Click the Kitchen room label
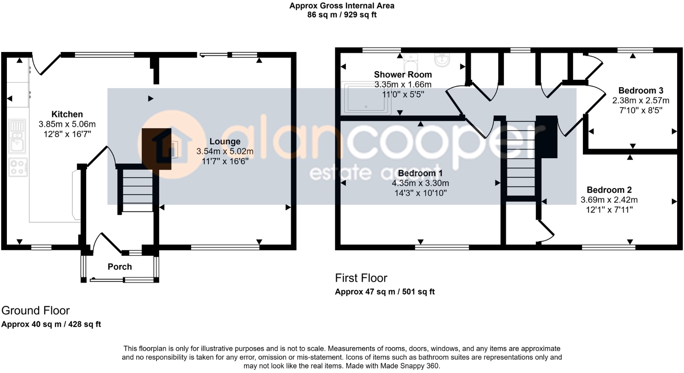click(x=67, y=114)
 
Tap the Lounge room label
click(x=225, y=141)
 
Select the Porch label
click(x=119, y=267)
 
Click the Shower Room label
click(x=403, y=75)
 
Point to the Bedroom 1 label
click(x=420, y=173)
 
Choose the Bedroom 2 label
click(x=609, y=190)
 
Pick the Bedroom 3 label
click(x=640, y=91)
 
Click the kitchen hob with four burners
click(x=18, y=167)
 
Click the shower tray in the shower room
click(x=366, y=98)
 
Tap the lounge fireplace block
click(x=156, y=149)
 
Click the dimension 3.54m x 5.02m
click(x=225, y=151)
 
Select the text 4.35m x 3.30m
click(x=420, y=183)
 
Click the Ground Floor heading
click(x=35, y=310)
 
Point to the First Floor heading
click(x=361, y=278)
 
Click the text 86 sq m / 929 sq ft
click(x=342, y=15)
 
